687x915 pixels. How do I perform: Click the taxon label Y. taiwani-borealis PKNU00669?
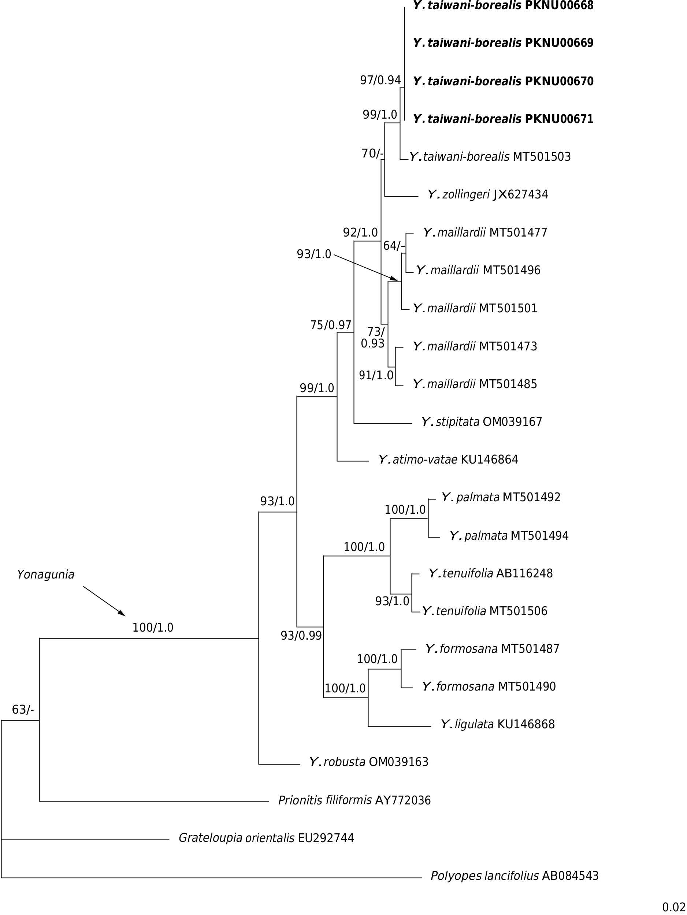coord(503,43)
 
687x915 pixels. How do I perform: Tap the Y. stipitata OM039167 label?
coord(482,422)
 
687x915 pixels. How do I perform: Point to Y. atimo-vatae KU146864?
coord(448,460)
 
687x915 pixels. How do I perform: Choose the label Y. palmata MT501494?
coord(509,536)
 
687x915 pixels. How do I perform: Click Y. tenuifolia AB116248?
coord(491,573)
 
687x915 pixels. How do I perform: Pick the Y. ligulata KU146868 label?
coord(498,724)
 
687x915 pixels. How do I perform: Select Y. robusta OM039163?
coord(368,762)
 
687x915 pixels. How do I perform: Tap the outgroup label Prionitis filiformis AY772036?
coord(354,800)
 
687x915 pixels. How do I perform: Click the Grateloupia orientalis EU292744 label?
coord(266,838)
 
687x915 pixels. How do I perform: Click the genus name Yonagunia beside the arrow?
coord(45,574)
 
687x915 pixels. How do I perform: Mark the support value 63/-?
coord(23,710)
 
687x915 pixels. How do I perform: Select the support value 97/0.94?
coord(380,80)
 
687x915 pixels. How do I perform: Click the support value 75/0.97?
coord(330,325)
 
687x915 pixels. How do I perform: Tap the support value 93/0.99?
coord(301,636)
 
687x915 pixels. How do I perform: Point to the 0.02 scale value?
coord(674,907)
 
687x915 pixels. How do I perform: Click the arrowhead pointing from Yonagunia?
coord(121,613)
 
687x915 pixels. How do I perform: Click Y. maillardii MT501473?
coord(475,346)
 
